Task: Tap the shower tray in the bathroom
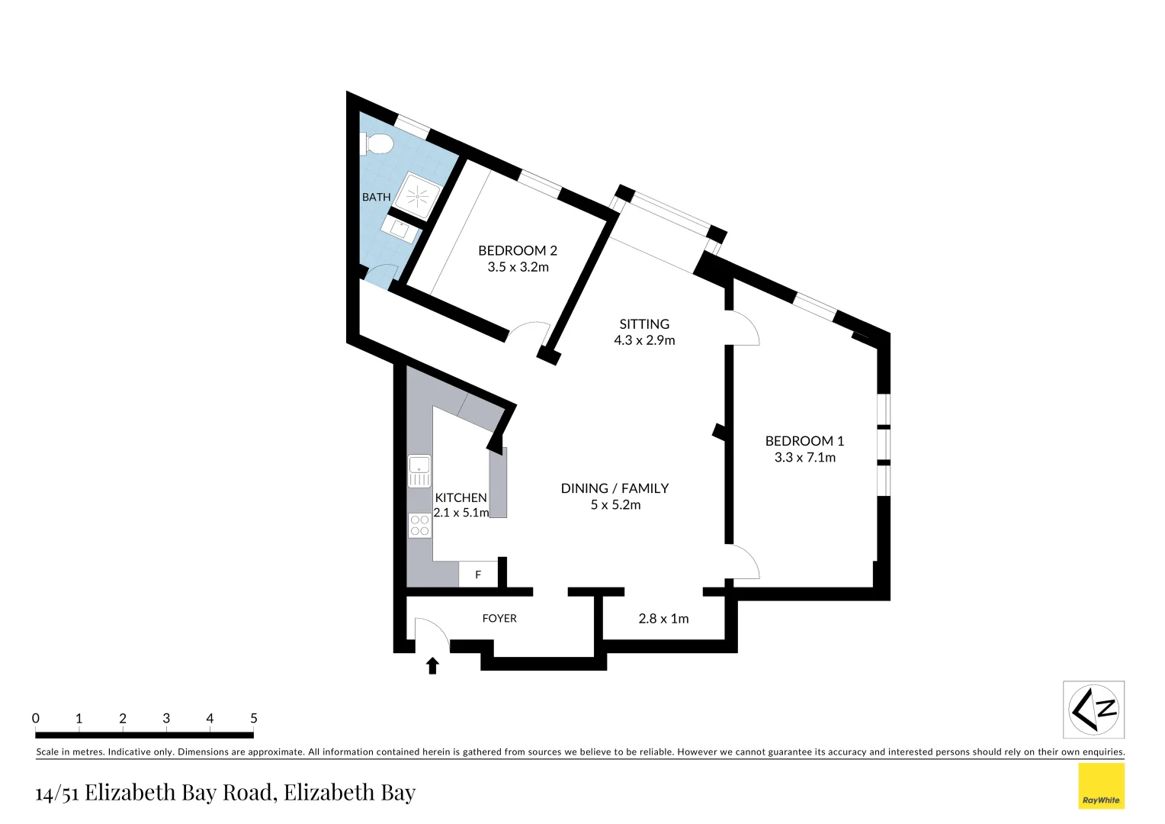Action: [x=419, y=196]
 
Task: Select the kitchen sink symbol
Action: [x=419, y=471]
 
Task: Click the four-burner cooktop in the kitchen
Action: [x=419, y=525]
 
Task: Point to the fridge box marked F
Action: [x=478, y=575]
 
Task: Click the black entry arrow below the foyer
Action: [x=432, y=666]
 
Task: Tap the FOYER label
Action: [x=499, y=618]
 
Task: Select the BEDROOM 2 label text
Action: [x=518, y=250]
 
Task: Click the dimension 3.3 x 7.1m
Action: [x=804, y=458]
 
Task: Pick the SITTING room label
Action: [x=644, y=324]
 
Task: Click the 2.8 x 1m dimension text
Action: [x=663, y=619]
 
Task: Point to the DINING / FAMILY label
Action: [x=615, y=488]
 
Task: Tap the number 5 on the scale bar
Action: [x=254, y=718]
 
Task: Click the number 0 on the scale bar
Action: [x=36, y=718]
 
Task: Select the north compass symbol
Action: [x=1093, y=710]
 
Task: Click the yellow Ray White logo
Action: [x=1101, y=786]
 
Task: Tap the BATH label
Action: [x=376, y=197]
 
